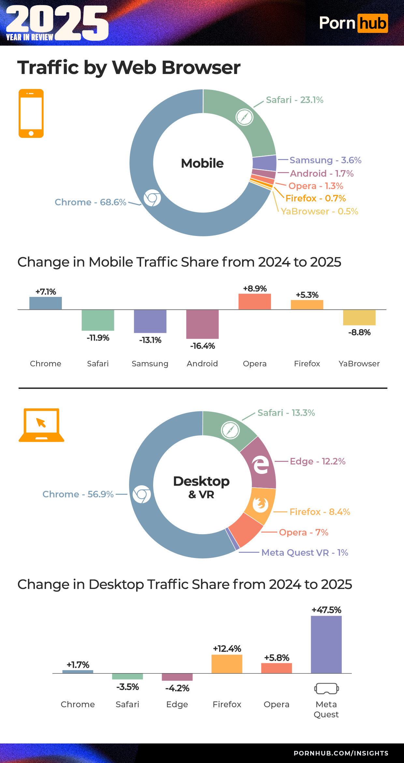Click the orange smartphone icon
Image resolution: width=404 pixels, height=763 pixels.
(x=31, y=113)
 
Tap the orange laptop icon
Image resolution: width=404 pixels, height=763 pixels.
(x=41, y=425)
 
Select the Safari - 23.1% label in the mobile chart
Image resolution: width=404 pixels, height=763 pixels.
(x=295, y=100)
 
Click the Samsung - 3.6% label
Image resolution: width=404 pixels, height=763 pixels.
(x=325, y=160)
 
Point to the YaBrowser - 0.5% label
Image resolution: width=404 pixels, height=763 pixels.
(x=319, y=212)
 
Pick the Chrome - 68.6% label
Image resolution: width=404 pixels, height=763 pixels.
(x=90, y=202)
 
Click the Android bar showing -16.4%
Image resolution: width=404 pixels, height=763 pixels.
(x=202, y=324)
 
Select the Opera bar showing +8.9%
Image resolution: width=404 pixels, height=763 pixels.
(x=254, y=301)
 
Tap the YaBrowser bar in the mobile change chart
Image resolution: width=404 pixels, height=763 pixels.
(x=359, y=317)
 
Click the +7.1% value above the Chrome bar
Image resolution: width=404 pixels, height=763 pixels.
(x=46, y=292)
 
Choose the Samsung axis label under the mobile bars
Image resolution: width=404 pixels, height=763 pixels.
(x=150, y=364)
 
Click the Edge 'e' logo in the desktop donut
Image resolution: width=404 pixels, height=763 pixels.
(x=261, y=465)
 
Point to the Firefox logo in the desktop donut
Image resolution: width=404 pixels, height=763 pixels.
(x=260, y=505)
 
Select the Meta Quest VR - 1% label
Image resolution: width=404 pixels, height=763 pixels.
(x=305, y=553)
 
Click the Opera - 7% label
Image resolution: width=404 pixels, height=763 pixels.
(x=303, y=533)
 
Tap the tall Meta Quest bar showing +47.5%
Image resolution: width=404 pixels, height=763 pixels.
(x=326, y=644)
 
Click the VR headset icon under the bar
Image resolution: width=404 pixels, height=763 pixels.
(x=326, y=689)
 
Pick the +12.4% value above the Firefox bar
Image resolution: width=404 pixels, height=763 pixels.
(x=227, y=649)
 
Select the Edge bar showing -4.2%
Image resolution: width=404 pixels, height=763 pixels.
(x=177, y=677)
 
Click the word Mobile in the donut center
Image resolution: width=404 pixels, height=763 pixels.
(x=202, y=163)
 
